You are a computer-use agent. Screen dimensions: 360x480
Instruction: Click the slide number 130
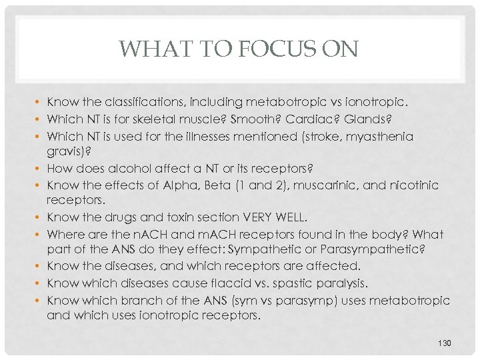[x=445, y=343]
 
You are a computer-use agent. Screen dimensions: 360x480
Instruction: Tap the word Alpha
[x=199, y=185]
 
